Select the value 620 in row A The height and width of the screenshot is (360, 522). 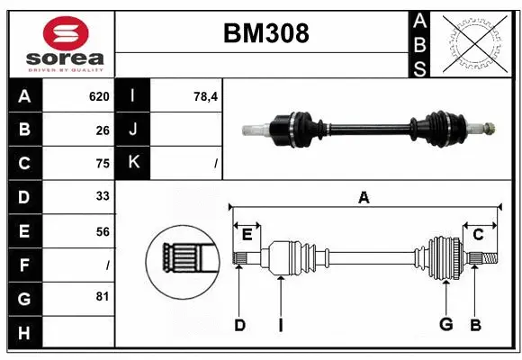(x=98, y=96)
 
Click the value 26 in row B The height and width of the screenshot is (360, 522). (x=102, y=130)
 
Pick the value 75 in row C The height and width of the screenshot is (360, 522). (x=102, y=164)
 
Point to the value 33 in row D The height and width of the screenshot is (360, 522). (x=102, y=197)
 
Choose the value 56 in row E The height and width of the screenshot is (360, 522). (x=102, y=231)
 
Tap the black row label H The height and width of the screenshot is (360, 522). (x=24, y=332)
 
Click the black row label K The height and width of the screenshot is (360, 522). (x=133, y=164)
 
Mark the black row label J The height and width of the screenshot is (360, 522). (x=133, y=130)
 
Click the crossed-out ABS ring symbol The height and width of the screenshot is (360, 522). (x=474, y=42)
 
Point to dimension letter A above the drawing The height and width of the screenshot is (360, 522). (x=364, y=197)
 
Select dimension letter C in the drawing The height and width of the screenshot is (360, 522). (x=478, y=234)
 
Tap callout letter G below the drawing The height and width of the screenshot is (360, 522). (x=445, y=325)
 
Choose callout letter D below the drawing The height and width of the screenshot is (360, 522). (x=239, y=325)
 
